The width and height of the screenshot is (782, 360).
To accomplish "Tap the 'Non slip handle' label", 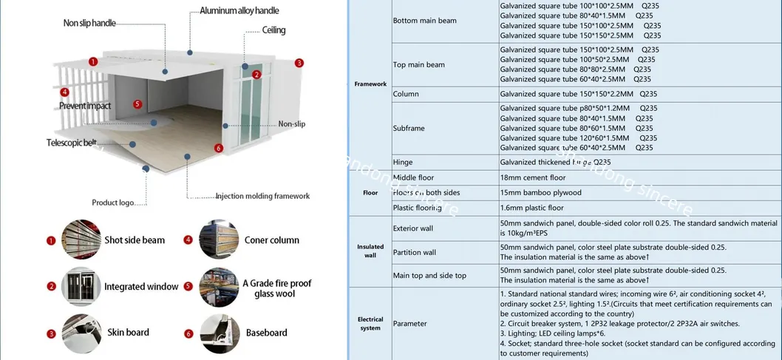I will coord(89,24).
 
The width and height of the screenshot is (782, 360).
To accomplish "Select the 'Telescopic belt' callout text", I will coord(71,142).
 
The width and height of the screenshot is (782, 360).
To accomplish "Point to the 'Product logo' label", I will coord(114,203).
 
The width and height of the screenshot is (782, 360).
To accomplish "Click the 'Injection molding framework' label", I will coord(262,196).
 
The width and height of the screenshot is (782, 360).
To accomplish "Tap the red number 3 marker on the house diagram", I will coord(299,63).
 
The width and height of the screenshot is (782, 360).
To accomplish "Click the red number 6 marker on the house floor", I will coord(218,148).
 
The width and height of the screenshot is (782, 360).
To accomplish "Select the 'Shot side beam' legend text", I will coord(135,240).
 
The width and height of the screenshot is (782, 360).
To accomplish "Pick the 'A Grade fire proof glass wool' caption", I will coord(276,288).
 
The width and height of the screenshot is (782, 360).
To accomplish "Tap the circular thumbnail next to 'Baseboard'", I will coord(218,333).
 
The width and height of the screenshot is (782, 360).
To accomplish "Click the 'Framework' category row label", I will coord(370,84).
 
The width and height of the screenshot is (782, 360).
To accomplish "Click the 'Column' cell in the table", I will coord(406,94).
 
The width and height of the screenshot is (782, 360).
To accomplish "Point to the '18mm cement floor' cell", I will coord(532,177).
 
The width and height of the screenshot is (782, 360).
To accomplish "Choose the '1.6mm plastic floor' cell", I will coord(531,208).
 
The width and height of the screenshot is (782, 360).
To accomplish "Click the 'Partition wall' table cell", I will coord(414,252).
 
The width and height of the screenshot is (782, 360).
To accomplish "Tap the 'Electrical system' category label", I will coord(370,324).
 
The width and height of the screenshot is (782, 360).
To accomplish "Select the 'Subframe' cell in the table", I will coord(409,128).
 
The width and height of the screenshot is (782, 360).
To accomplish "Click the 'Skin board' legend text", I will coord(128,333).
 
